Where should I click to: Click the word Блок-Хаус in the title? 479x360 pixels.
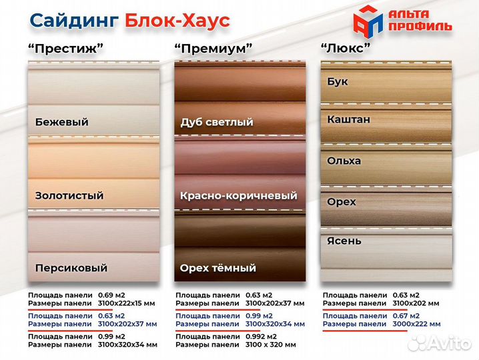pos(177,21)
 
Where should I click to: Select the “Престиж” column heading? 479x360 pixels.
pos(66,49)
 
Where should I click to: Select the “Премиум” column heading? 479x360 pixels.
pos(213,49)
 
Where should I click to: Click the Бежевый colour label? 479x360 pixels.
pos(61,123)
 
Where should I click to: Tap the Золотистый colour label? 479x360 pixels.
pos(69,196)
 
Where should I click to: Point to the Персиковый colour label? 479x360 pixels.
pos(71,268)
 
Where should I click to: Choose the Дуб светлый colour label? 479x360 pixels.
pos(217,123)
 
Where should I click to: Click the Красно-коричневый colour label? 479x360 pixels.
pos(238,196)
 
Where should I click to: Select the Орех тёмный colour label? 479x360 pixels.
pos(217,268)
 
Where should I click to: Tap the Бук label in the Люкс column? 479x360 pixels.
pos(338,81)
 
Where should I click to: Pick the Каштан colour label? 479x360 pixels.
pos(348,119)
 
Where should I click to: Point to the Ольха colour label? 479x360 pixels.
pos(344,161)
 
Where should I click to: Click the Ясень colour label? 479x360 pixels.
pos(344,241)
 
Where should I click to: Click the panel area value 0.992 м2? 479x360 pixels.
pos(260,337)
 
